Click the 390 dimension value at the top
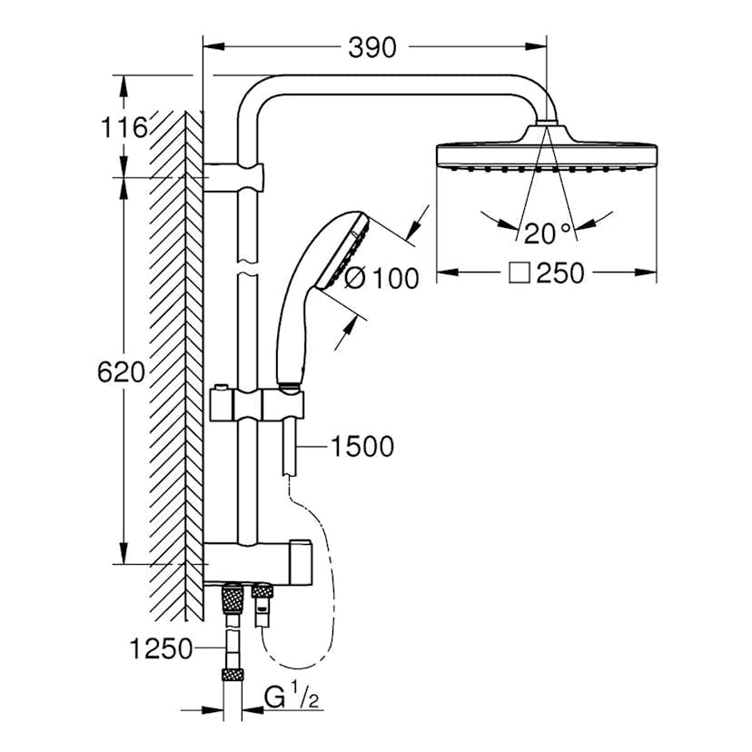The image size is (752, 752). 372,46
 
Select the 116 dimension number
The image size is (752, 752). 124,128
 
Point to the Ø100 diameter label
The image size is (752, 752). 382,278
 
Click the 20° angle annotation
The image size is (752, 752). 549,233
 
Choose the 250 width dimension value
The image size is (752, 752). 559,272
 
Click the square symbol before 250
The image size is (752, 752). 519,272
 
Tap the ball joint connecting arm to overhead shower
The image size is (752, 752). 547,121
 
